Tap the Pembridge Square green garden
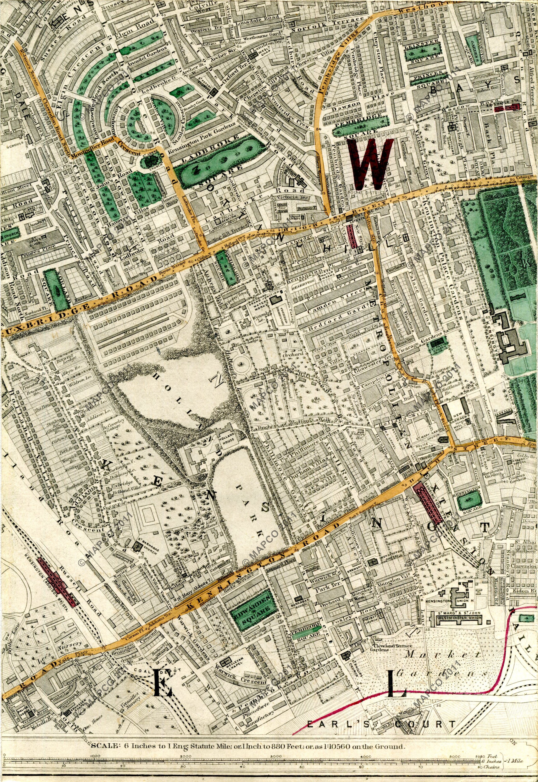click(x=360, y=123)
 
